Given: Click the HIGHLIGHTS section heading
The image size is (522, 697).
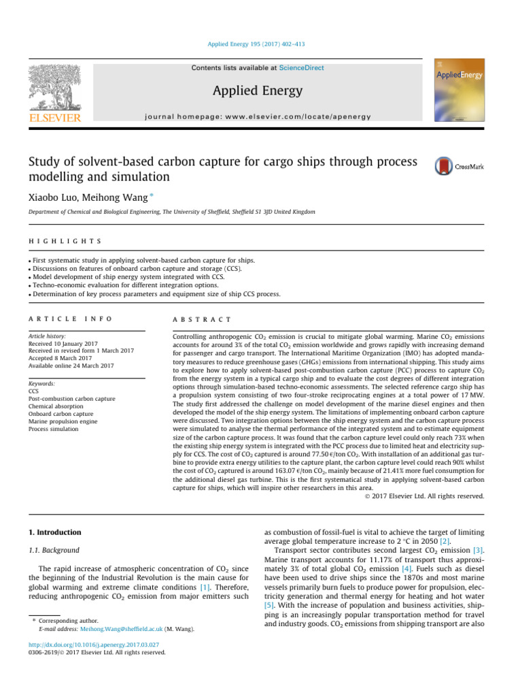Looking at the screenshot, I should click(x=66, y=242).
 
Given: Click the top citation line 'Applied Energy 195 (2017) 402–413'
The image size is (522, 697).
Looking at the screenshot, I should click(x=260, y=44).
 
